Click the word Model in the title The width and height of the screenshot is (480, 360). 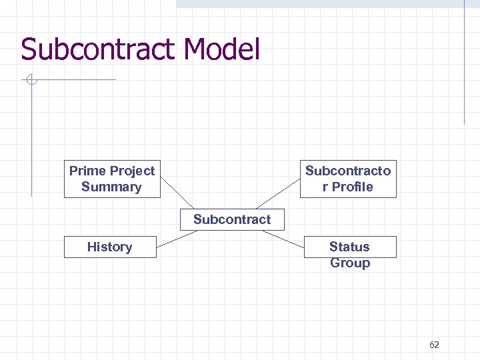(x=222, y=49)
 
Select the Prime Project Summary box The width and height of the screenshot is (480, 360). (x=112, y=179)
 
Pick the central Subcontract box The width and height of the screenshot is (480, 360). (x=232, y=219)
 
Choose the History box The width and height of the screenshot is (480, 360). (x=110, y=247)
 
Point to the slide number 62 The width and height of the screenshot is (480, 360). (x=434, y=345)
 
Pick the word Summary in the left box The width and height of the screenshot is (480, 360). (x=111, y=187)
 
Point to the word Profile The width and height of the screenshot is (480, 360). (x=353, y=187)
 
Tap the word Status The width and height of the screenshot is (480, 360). (x=349, y=247)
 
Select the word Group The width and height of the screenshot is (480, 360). (x=350, y=263)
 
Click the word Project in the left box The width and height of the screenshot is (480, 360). (x=131, y=171)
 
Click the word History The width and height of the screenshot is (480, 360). (x=110, y=247)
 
